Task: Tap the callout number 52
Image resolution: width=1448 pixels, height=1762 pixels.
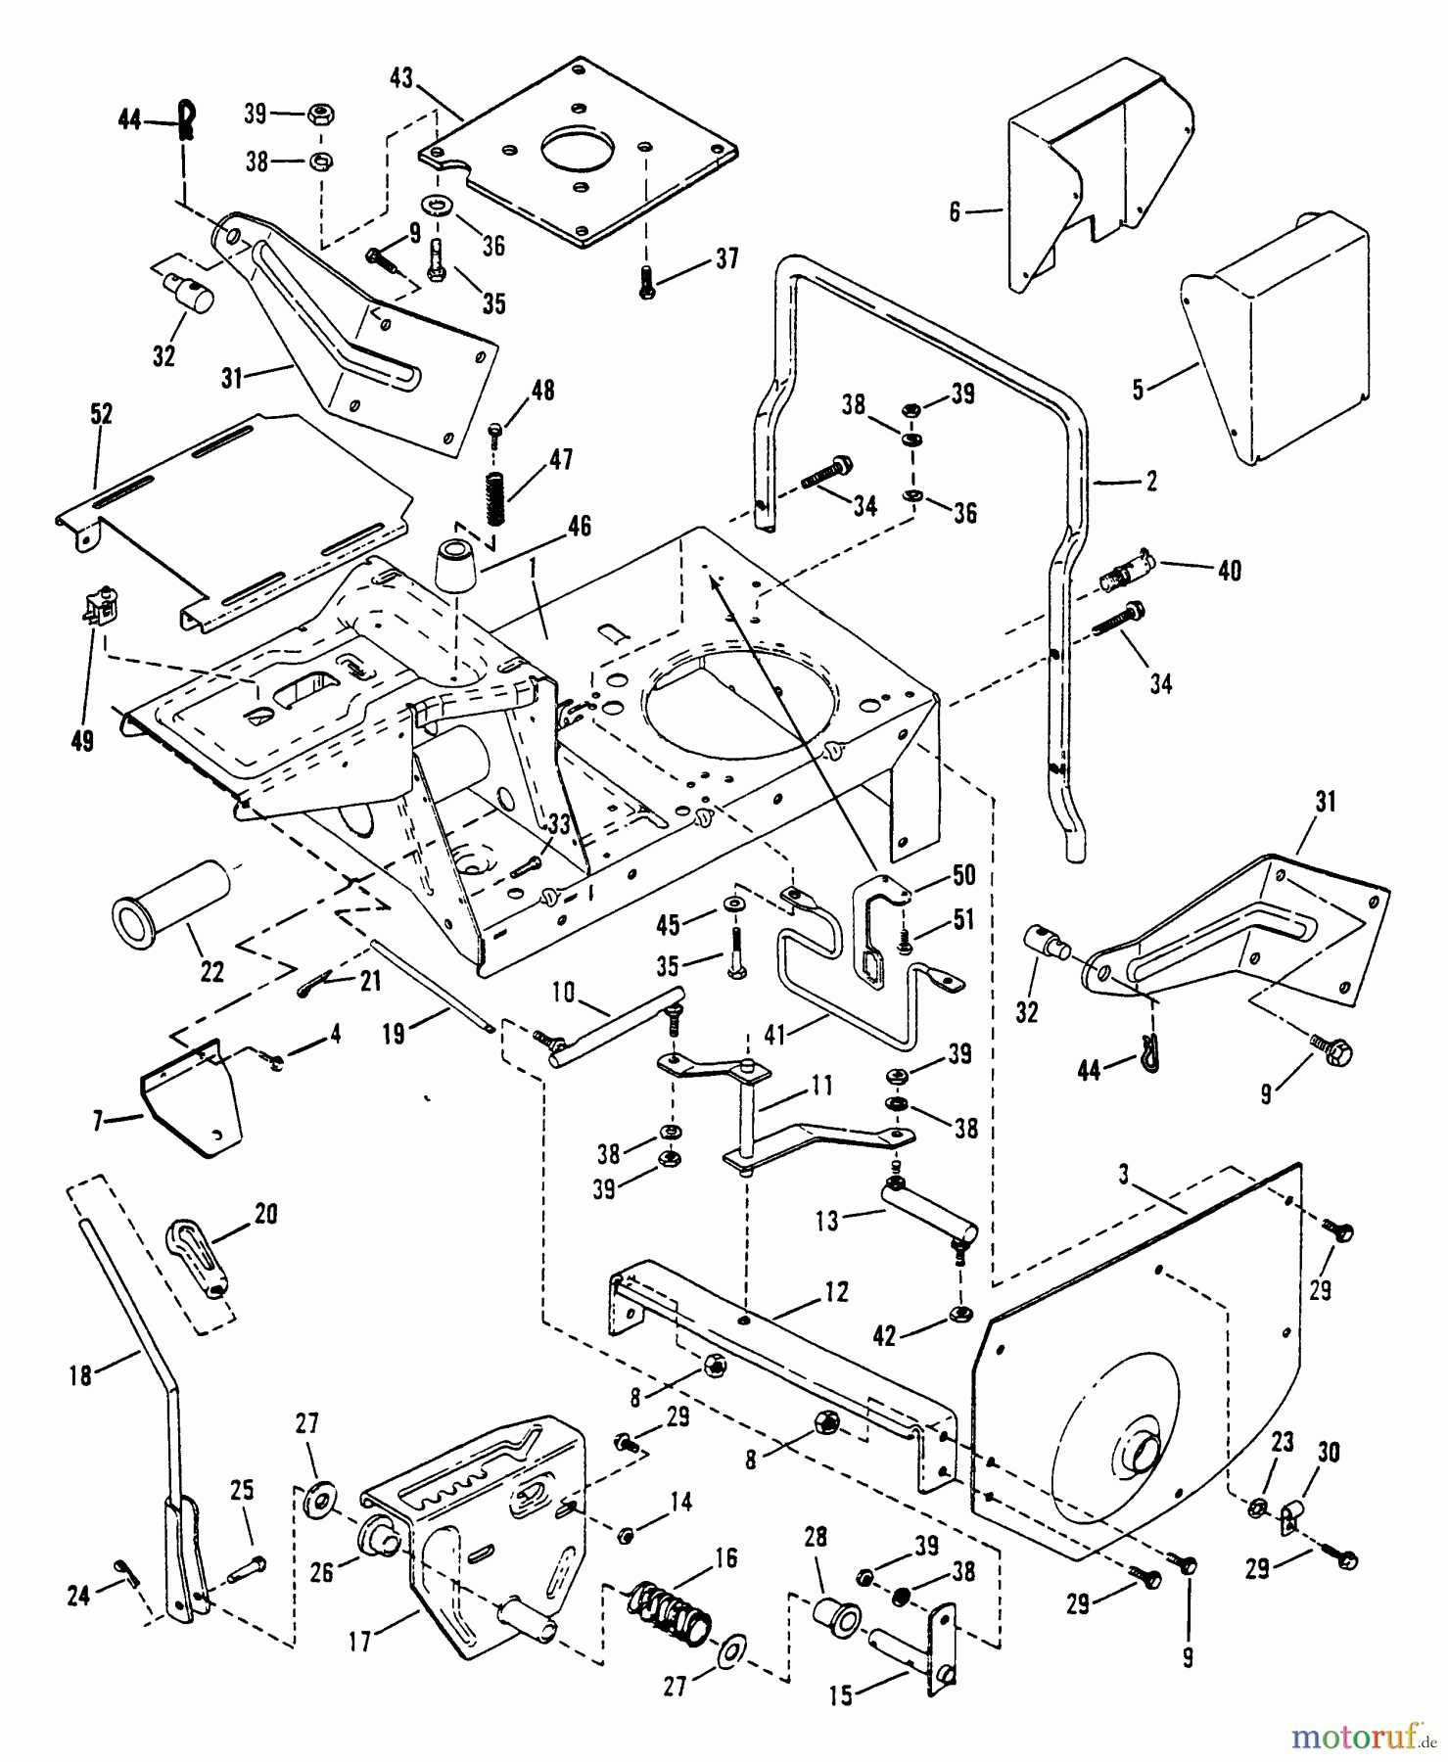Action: [101, 415]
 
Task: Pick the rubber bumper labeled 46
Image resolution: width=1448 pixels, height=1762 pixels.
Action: [452, 565]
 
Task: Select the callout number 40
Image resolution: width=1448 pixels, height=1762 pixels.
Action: [1228, 570]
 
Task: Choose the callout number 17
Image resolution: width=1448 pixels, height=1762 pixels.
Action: [360, 1640]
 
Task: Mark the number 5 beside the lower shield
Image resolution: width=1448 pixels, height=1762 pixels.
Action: [1138, 391]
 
